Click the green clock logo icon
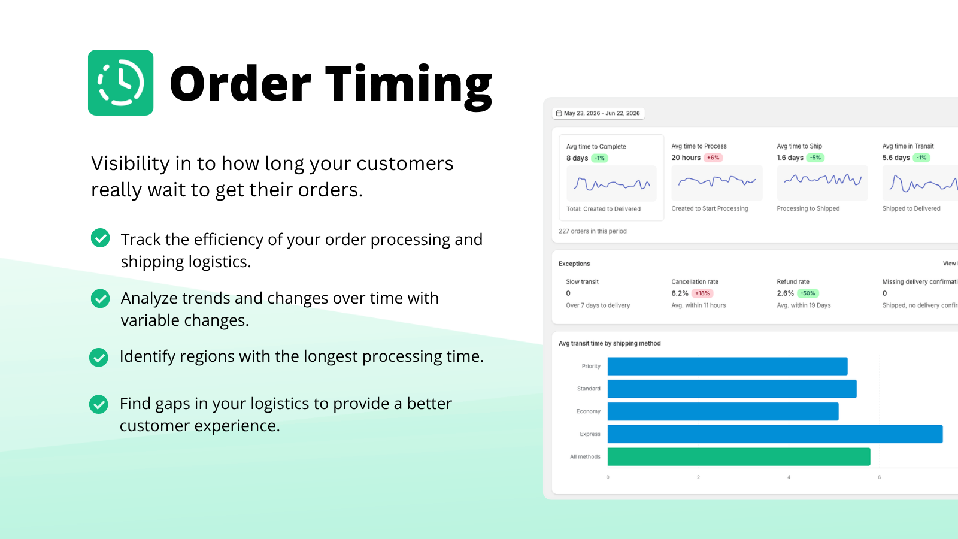[x=120, y=83]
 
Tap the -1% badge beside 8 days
[x=599, y=158]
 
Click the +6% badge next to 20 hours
[x=713, y=158]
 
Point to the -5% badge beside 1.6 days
[x=815, y=158]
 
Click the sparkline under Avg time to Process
[x=717, y=181]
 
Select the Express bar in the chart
[x=775, y=434]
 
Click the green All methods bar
[x=739, y=457]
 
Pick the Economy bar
[x=723, y=411]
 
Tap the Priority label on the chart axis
[x=591, y=366]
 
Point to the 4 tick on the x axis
[x=789, y=477]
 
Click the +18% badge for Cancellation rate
[x=702, y=293]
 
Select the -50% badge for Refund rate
[x=808, y=293]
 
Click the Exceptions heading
[x=574, y=264]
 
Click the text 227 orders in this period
[x=592, y=231]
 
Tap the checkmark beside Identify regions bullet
[x=99, y=357]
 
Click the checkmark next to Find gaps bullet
[x=99, y=404]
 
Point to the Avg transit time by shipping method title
[x=610, y=344]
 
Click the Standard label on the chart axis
[x=589, y=389]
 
